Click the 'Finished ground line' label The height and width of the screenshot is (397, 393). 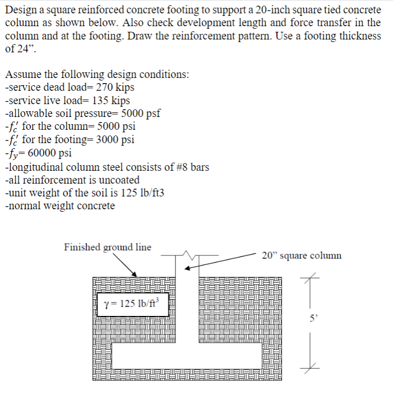[107, 247]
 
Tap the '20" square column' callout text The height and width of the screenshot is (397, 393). [301, 255]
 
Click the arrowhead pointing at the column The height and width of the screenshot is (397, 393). [188, 268]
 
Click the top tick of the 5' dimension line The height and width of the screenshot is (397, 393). [310, 278]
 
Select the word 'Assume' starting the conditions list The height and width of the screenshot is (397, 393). [22, 74]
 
